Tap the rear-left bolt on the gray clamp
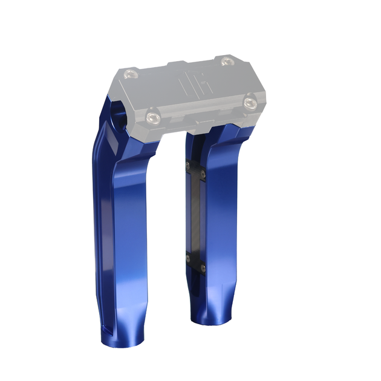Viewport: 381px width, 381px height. pyautogui.click(x=129, y=74)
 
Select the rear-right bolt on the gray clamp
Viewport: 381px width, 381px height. pyautogui.click(x=226, y=61)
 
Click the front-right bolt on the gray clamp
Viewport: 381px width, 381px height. pyautogui.click(x=250, y=102)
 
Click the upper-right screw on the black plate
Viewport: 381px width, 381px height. pyautogui.click(x=203, y=175)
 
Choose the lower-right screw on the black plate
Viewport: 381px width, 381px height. pyautogui.click(x=203, y=267)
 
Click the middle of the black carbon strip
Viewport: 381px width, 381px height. pyautogui.click(x=195, y=217)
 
